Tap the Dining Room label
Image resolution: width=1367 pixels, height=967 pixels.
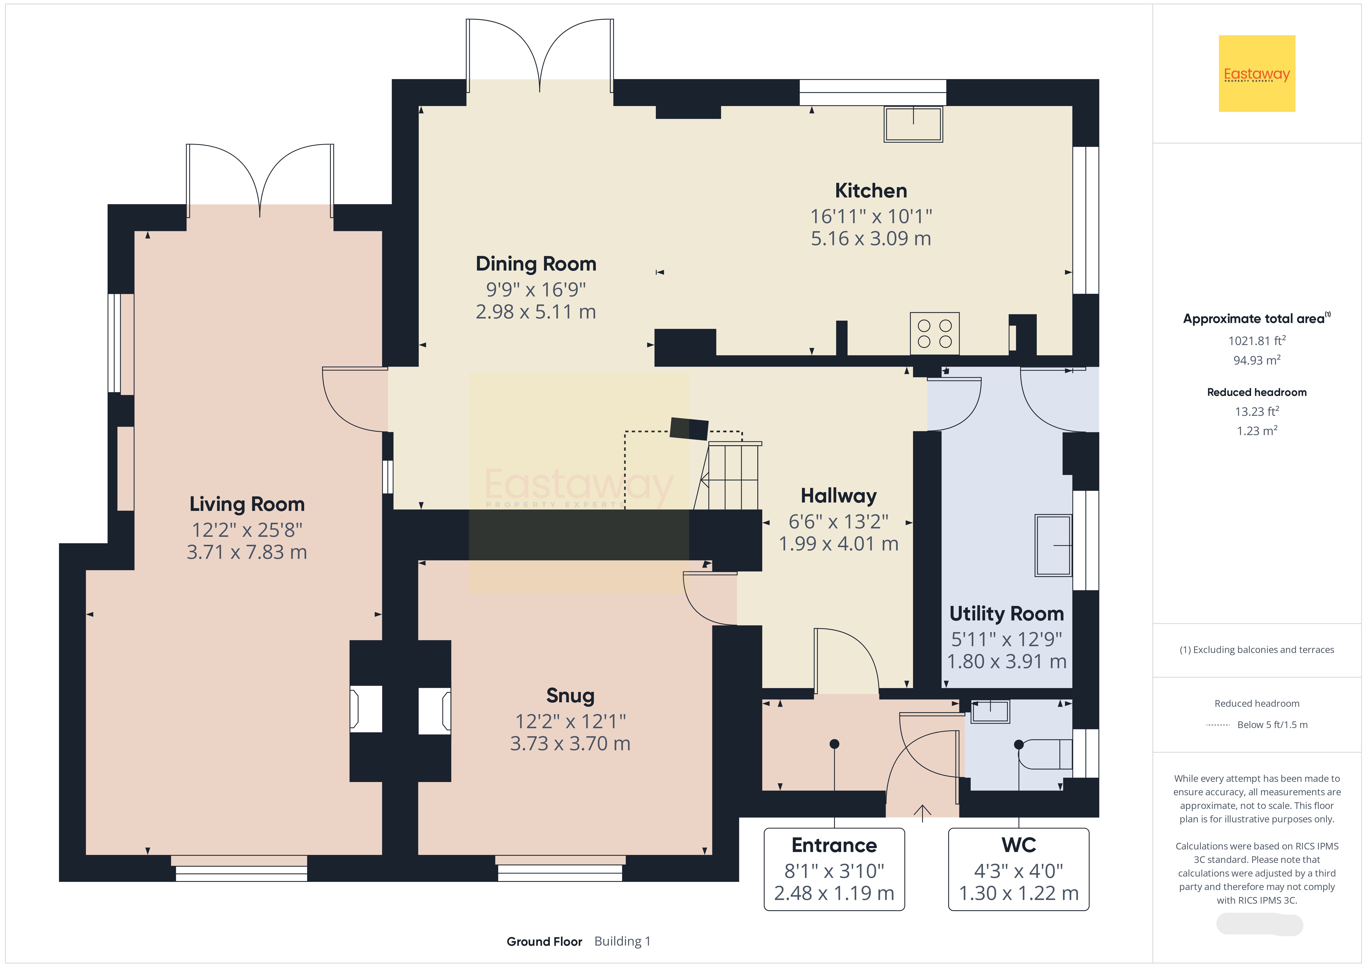[536, 264]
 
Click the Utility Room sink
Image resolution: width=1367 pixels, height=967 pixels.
[1053, 545]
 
